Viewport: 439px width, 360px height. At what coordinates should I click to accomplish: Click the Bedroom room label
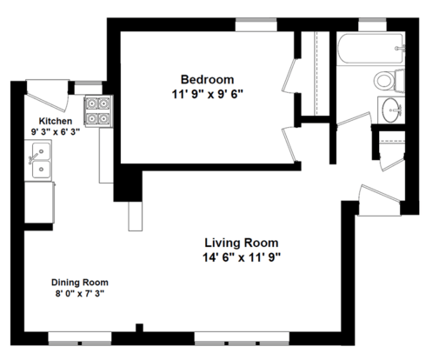click(207, 79)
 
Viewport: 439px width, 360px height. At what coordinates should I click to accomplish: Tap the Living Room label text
click(242, 243)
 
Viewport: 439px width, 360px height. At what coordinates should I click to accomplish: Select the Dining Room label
click(80, 283)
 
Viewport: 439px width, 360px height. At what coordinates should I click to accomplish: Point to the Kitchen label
click(56, 121)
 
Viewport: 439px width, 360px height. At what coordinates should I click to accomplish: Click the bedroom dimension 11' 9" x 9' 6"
click(207, 94)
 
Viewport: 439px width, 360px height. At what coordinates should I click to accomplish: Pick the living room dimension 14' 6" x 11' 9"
click(242, 257)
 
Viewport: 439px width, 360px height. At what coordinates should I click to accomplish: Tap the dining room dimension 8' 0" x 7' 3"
click(80, 294)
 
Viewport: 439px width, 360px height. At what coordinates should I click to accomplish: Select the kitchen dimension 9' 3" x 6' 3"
click(56, 132)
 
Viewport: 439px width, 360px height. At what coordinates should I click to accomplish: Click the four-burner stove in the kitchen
click(98, 111)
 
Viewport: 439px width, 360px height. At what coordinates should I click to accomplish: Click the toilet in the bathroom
click(389, 81)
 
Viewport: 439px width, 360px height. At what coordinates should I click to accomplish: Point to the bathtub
click(370, 49)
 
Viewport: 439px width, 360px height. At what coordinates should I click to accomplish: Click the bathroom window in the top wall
click(372, 24)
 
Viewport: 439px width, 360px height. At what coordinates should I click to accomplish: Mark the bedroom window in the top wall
click(256, 24)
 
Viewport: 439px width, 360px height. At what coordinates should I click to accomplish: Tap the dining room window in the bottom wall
click(80, 338)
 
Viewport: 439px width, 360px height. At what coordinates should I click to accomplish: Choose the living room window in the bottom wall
click(242, 338)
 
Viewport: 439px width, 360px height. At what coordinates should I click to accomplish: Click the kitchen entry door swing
click(48, 96)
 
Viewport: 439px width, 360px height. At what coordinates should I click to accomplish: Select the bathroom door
click(355, 120)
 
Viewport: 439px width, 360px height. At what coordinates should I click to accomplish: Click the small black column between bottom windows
click(139, 328)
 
